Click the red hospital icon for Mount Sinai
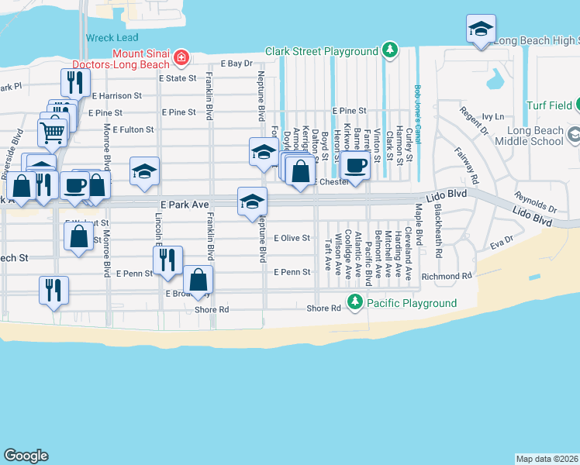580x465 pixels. click(x=181, y=57)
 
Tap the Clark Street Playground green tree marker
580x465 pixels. click(x=388, y=52)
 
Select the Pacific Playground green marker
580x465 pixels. click(x=355, y=301)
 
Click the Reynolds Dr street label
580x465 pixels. click(x=536, y=204)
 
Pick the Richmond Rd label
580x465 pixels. click(x=447, y=276)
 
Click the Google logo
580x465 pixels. click(x=26, y=456)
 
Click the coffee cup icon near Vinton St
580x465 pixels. click(x=356, y=165)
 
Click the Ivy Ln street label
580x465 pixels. click(x=493, y=116)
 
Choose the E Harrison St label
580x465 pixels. click(x=116, y=96)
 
